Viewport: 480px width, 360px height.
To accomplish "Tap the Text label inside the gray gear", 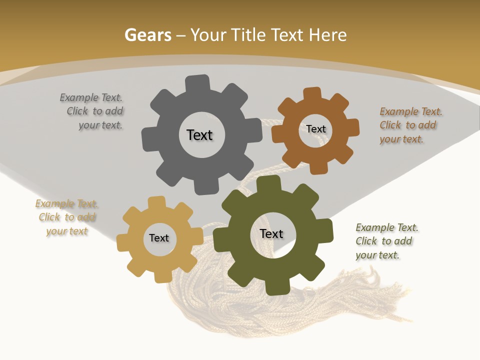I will (x=199, y=135).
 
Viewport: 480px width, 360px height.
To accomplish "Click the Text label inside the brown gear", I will (x=315, y=129).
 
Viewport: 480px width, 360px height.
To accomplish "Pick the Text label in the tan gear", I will (x=159, y=238).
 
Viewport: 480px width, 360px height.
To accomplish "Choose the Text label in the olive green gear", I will (x=271, y=233).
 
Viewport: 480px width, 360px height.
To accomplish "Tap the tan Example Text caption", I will (x=67, y=217).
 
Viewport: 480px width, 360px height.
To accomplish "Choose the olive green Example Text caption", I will (x=385, y=241).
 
